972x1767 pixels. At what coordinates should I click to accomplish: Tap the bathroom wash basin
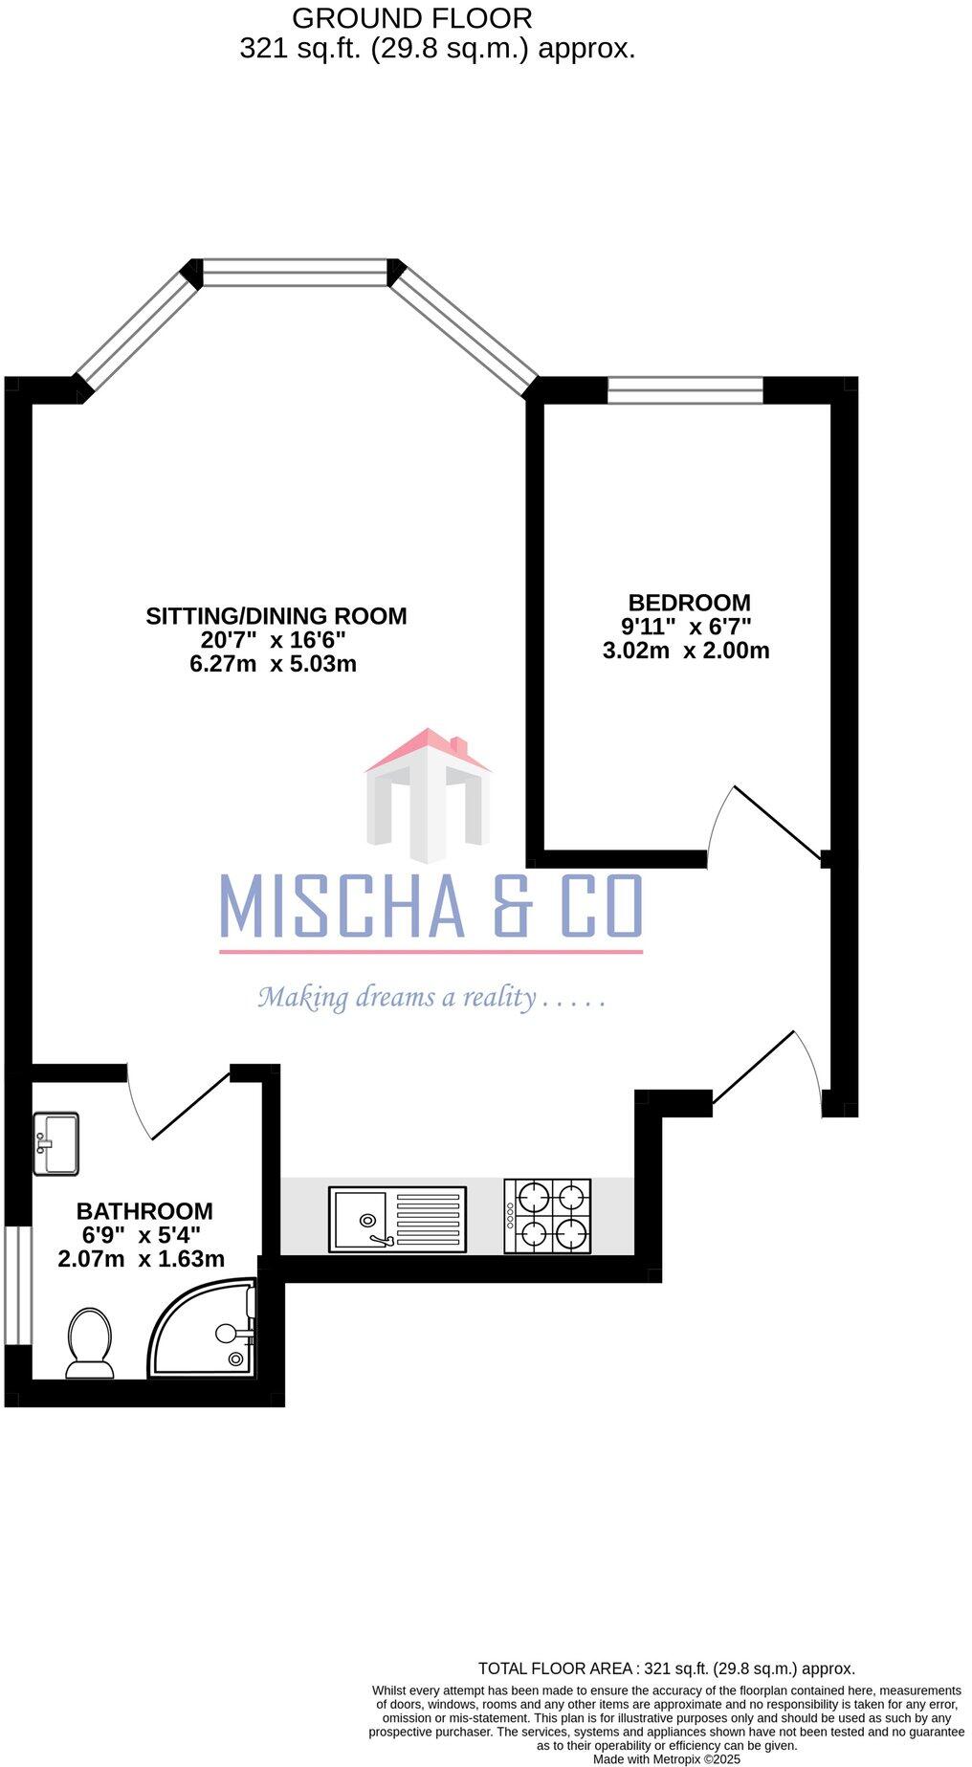pos(55,1143)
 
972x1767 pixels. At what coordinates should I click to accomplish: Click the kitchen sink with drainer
pos(397,1219)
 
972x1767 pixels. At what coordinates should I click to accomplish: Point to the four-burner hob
pos(547,1216)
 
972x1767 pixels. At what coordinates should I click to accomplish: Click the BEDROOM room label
pos(689,603)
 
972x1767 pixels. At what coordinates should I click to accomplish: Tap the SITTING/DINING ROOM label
pos(276,616)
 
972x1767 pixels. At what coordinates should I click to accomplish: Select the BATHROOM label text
pos(144,1211)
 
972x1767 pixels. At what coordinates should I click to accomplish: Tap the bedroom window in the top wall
pos(685,390)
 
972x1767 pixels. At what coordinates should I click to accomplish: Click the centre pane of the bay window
pos(296,273)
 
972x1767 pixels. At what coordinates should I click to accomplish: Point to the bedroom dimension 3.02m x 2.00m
pos(686,652)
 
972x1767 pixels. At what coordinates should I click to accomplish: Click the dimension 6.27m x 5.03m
pos(273,664)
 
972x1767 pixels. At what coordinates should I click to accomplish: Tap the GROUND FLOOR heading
pos(411,18)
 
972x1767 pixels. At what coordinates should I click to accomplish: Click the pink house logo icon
pos(428,794)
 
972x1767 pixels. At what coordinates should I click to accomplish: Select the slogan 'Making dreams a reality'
pos(431,998)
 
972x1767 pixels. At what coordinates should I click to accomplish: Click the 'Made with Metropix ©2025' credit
pos(666,1758)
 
